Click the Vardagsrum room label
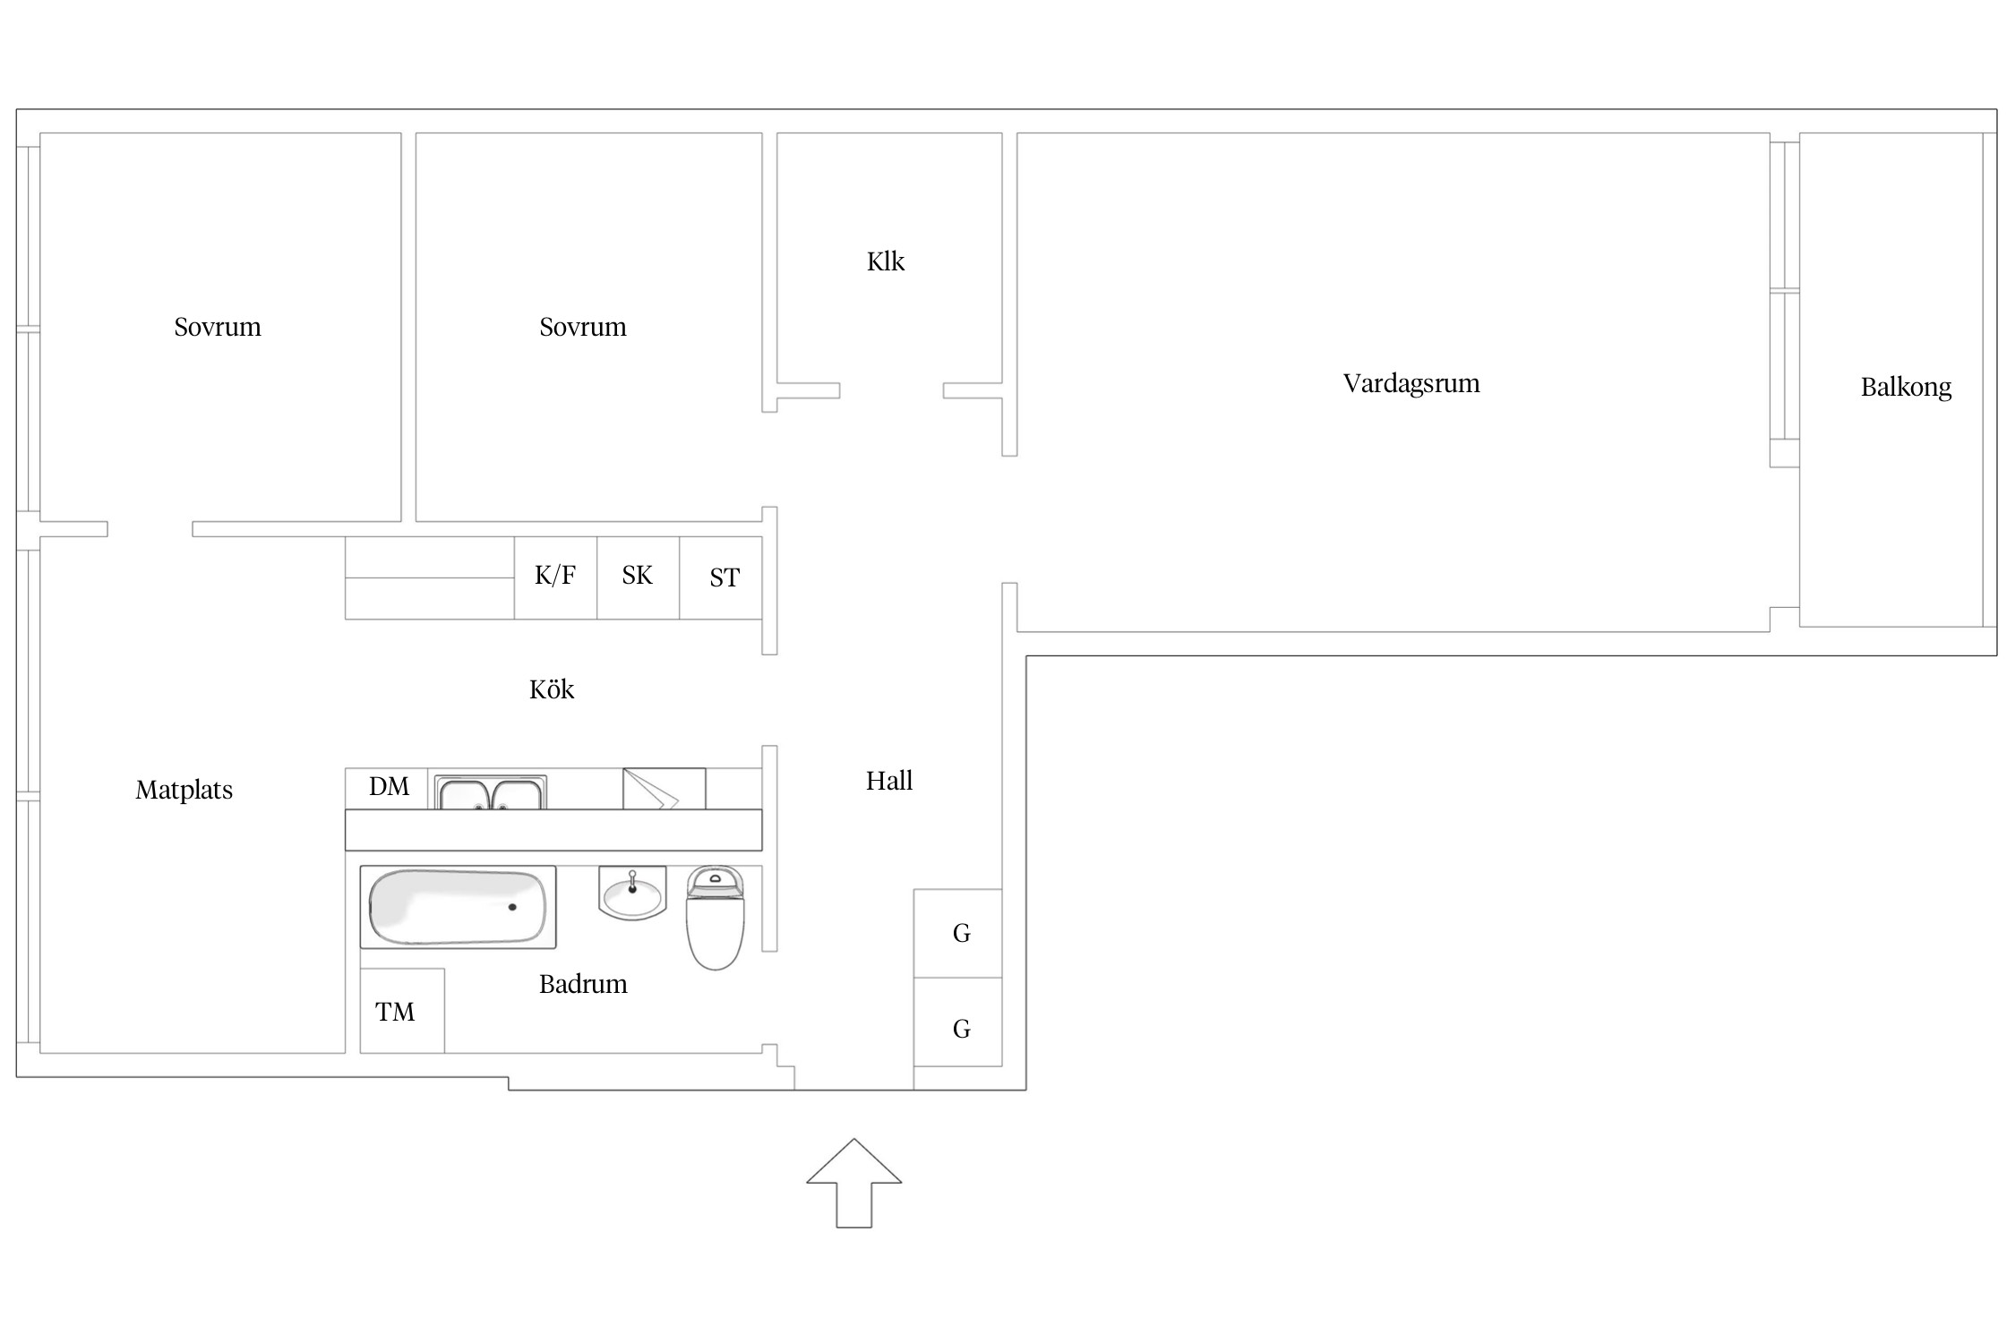(x=1411, y=384)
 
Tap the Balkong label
(x=1906, y=387)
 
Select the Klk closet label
(x=886, y=261)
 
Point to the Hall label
(x=889, y=781)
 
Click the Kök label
(x=552, y=689)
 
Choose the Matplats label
(x=184, y=790)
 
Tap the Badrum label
(x=583, y=984)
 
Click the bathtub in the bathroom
(x=458, y=907)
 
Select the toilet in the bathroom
(x=716, y=918)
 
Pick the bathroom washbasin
(x=632, y=894)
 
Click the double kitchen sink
(x=491, y=792)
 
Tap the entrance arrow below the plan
(x=854, y=1183)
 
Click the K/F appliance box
(x=555, y=577)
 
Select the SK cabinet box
(x=639, y=577)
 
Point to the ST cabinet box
(x=721, y=577)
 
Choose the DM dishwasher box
(x=387, y=788)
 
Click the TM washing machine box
(x=402, y=1011)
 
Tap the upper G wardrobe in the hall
(x=957, y=933)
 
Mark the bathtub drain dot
(x=512, y=907)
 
